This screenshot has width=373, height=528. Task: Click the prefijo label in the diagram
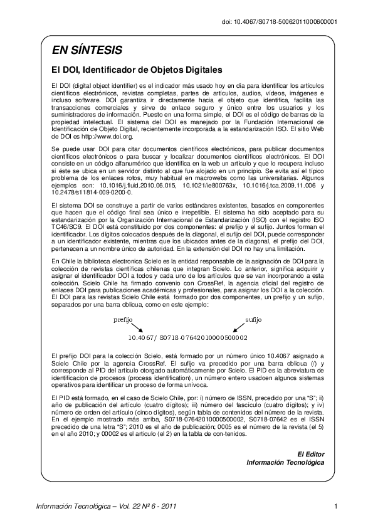[x=123, y=319]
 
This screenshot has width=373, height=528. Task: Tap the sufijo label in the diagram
[x=253, y=319]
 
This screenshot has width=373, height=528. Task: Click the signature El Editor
[x=311, y=453]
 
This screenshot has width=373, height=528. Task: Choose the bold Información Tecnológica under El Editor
[x=285, y=462]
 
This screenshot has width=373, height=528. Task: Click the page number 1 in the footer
[x=337, y=506]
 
